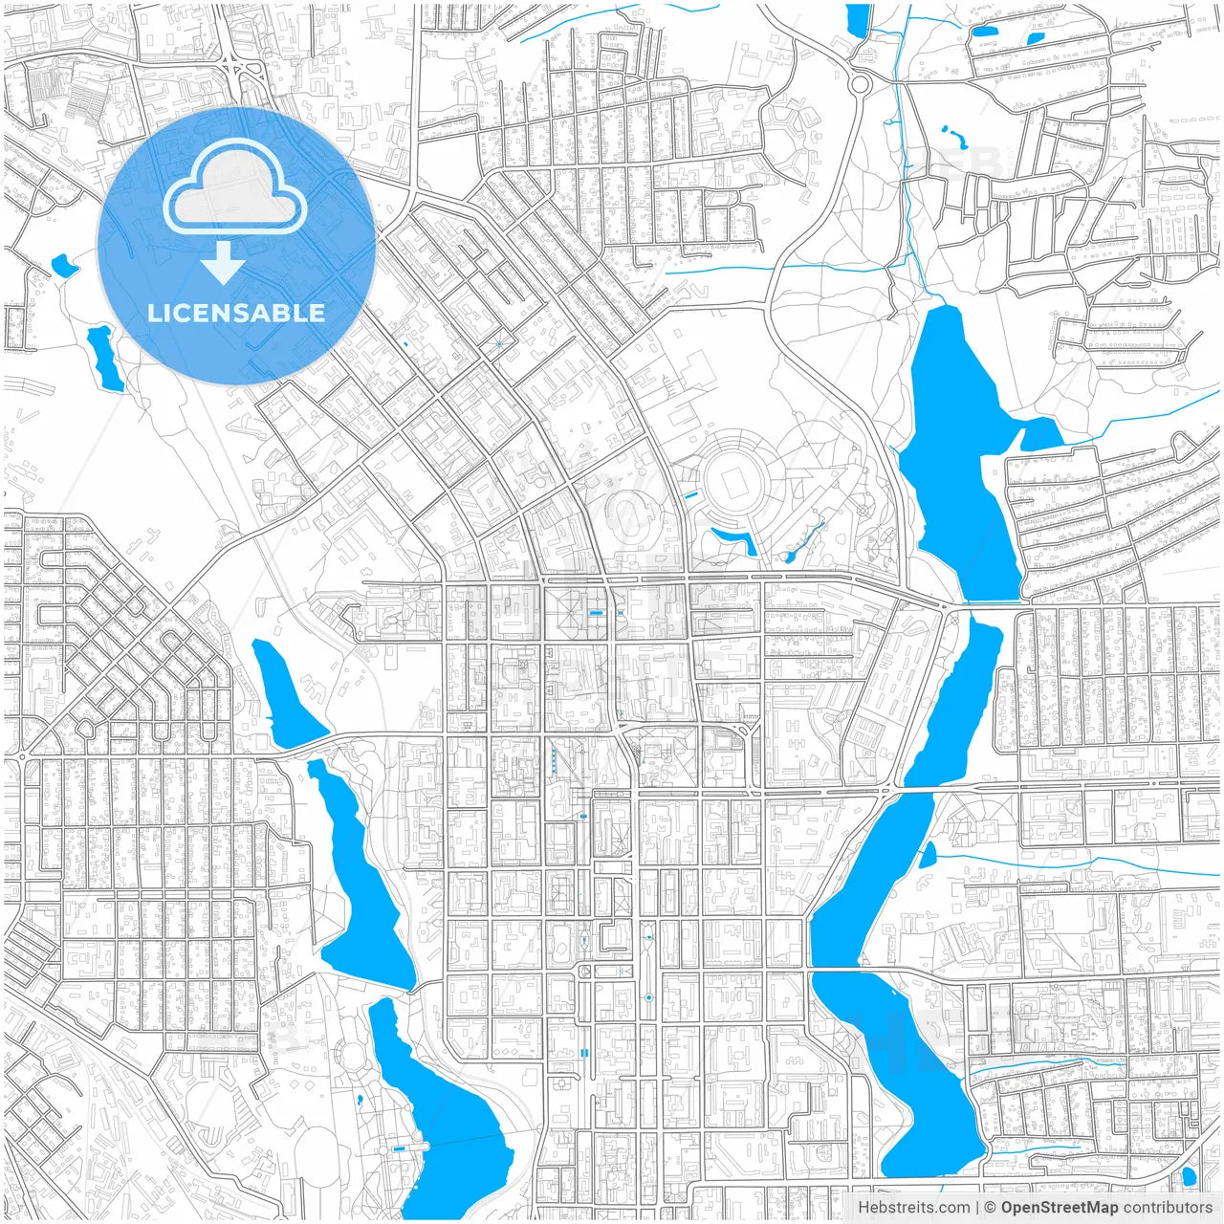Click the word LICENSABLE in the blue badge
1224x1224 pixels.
pos(236,314)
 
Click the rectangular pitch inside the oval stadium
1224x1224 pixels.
pos(735,485)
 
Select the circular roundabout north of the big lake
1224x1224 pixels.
pos(860,84)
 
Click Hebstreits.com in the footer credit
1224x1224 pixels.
pos(914,1208)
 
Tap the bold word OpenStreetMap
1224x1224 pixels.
pos(1060,1208)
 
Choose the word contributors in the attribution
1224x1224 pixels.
pos(1168,1208)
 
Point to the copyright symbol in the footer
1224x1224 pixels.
pos(991,1208)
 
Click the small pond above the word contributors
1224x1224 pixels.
pos(1189,1176)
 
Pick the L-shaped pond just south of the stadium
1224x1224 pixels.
pos(736,541)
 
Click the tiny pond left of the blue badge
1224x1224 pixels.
pos(64,265)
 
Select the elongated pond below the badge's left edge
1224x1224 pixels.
pos(104,359)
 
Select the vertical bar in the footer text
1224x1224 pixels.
pos(977,1208)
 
